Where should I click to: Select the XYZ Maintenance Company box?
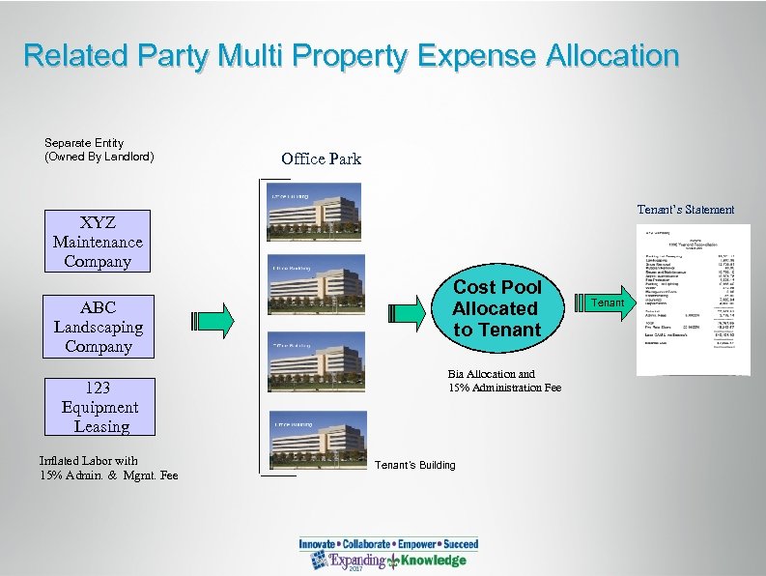point(98,242)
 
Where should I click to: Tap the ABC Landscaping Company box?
point(98,327)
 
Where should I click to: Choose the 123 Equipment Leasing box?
point(98,407)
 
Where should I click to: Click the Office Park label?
point(321,158)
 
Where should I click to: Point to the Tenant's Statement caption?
point(685,210)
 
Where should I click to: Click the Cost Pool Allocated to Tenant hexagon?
point(496,308)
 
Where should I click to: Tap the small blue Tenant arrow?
point(607,303)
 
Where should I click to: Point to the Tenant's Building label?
point(416,465)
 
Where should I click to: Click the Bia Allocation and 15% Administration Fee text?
point(504,381)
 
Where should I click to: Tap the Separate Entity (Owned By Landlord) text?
point(98,150)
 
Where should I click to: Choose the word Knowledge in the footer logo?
point(434,561)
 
